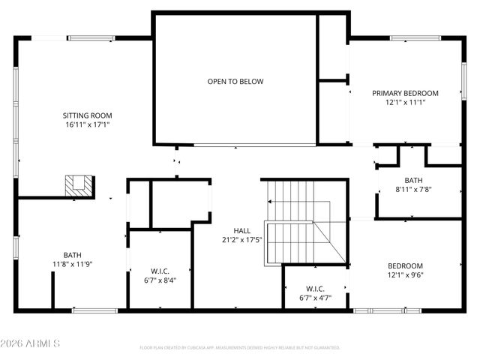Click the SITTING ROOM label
[87, 115]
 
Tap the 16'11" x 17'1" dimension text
[87, 124]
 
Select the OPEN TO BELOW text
[235, 81]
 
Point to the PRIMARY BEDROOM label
[405, 93]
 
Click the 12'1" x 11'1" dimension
[405, 102]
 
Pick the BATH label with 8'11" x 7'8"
[413, 180]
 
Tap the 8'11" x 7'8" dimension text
[413, 189]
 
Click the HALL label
[242, 230]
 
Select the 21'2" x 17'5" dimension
[242, 240]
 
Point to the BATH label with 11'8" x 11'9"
[72, 254]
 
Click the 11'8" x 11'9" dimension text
[72, 264]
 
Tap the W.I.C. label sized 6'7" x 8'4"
[159, 271]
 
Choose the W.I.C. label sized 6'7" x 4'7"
[315, 288]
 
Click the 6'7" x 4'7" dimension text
[315, 298]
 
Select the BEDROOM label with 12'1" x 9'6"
[405, 265]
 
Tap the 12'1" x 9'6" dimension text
[405, 274]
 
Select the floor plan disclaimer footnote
[240, 347]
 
